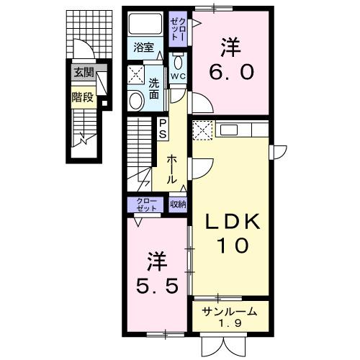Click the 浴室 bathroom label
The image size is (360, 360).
coord(144,48)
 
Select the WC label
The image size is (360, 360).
coord(179,74)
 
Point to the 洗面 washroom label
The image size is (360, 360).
coord(154,89)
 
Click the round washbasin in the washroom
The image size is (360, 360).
coord(136,100)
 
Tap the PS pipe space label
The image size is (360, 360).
coord(163,129)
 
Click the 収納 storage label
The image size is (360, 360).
coord(178,204)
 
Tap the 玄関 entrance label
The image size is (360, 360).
coord(81,72)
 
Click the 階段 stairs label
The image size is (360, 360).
coord(81,96)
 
